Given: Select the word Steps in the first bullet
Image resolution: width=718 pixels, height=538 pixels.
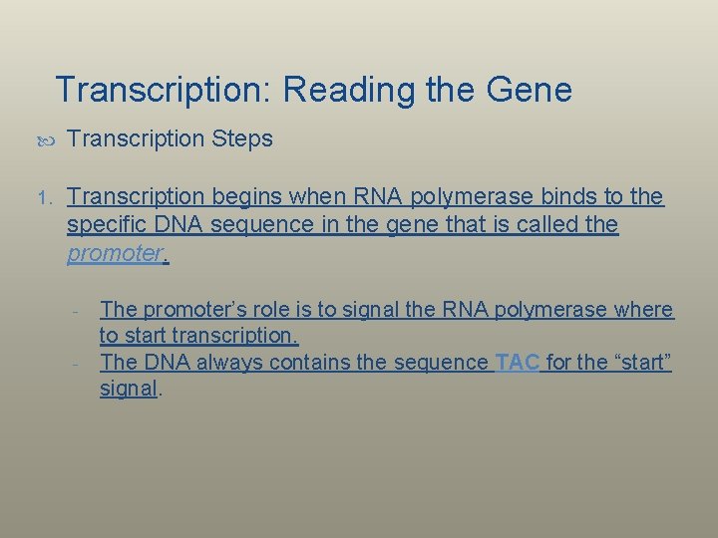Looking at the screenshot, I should (242, 139).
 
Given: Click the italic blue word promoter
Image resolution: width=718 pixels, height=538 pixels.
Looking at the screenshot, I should (114, 253).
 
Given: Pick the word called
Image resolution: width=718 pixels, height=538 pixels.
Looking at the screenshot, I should (541, 225).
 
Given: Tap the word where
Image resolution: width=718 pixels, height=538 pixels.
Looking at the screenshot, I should (644, 310).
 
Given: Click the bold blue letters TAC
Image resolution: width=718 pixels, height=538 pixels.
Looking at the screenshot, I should (517, 363).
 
